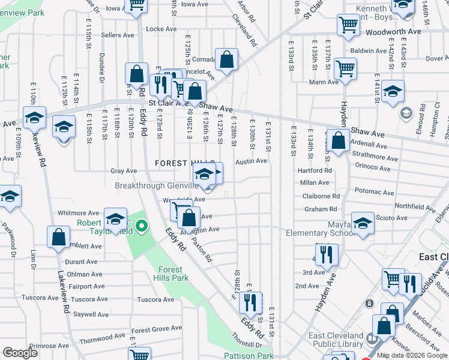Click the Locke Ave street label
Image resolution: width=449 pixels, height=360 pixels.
point(161,29)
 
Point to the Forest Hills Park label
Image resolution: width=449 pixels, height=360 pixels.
point(173,274)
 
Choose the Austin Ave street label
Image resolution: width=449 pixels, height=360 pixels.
point(251,161)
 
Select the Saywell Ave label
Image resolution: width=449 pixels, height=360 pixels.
point(91,314)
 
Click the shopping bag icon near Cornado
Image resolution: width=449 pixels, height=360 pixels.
point(227,59)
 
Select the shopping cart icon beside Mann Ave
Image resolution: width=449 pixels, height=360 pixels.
point(346,68)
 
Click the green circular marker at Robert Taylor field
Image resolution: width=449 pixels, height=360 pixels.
point(142,226)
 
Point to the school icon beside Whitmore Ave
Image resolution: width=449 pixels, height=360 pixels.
point(115,218)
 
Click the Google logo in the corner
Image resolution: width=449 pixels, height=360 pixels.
point(20,353)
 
